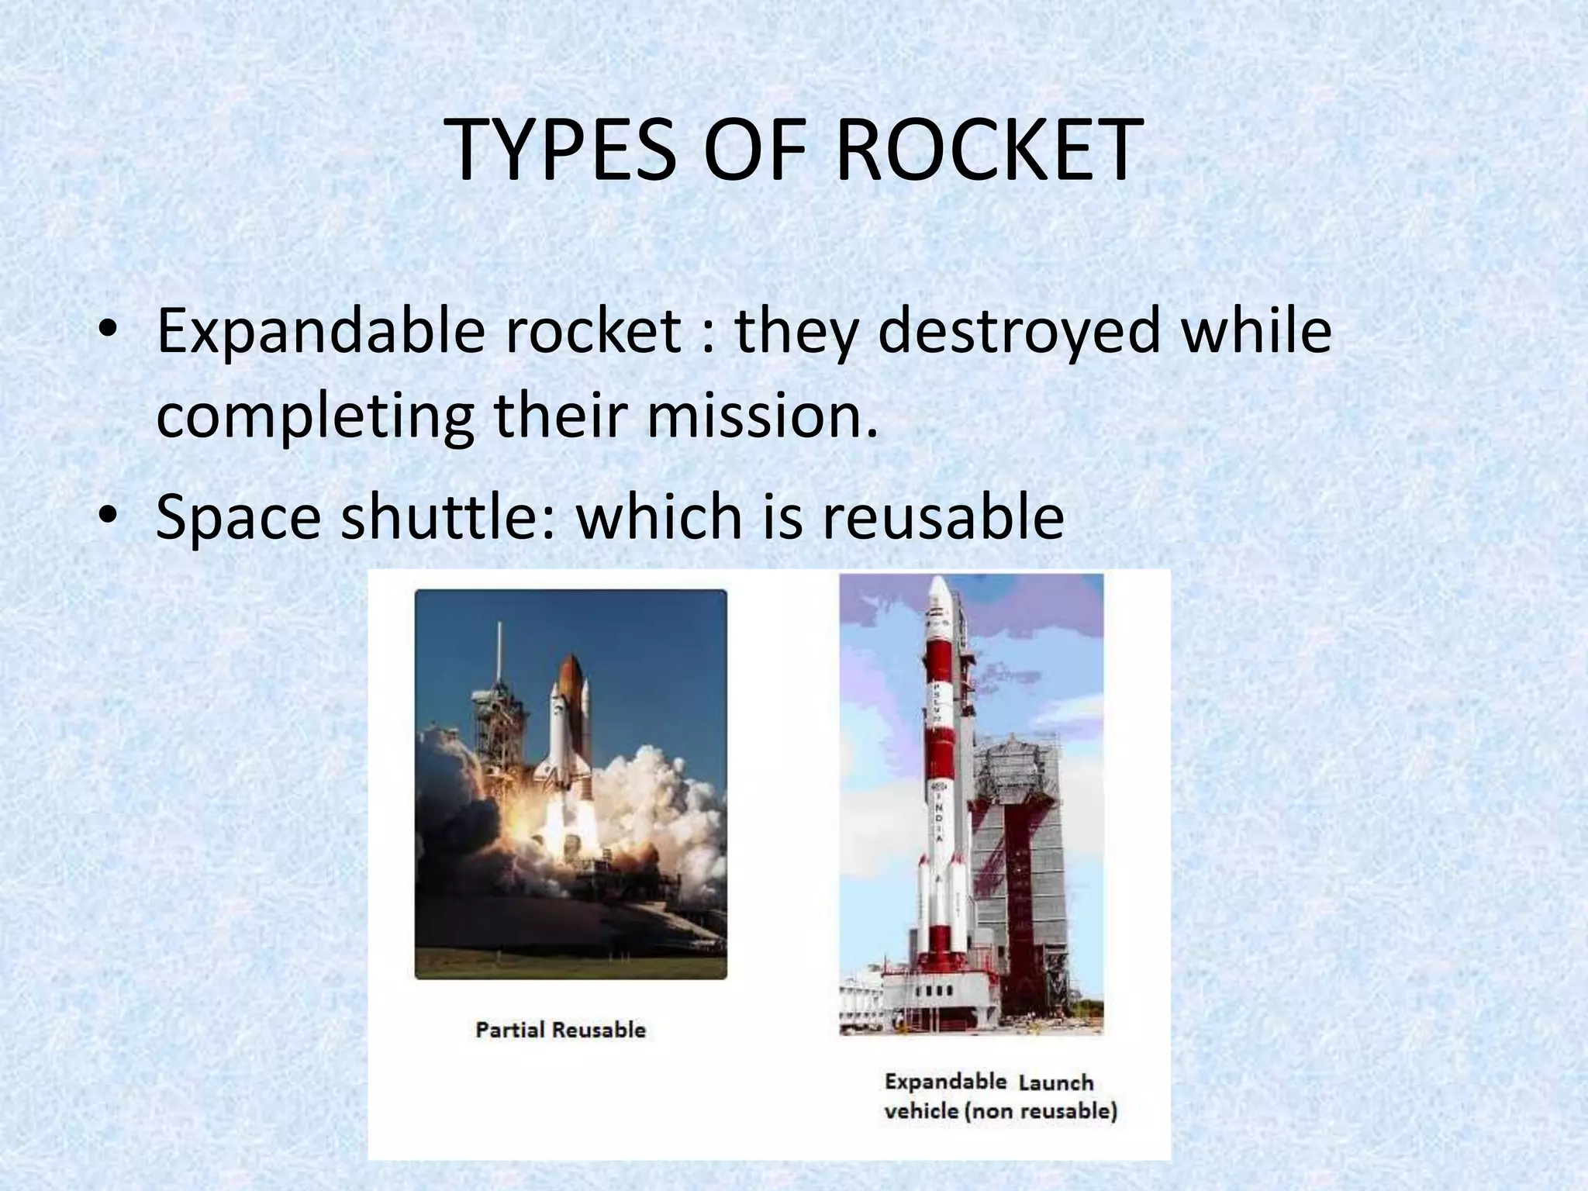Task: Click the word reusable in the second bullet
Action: coord(943,517)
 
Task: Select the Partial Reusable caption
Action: coord(561,1030)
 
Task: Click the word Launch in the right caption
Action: coord(1055,1083)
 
